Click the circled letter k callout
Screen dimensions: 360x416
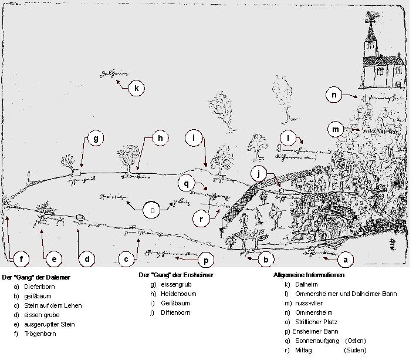click(x=136, y=89)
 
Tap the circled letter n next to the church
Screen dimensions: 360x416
click(x=334, y=95)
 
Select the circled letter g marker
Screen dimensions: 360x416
click(x=95, y=139)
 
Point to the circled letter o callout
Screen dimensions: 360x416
click(x=152, y=210)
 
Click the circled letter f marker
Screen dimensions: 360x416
click(x=21, y=259)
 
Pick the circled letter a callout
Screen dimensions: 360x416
click(x=345, y=259)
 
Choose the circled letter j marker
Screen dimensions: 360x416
click(x=259, y=174)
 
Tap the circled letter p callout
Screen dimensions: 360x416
click(x=207, y=259)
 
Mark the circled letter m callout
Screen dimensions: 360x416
click(x=336, y=129)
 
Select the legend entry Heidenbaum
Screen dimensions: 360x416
click(x=178, y=294)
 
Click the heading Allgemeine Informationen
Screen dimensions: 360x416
click(x=309, y=275)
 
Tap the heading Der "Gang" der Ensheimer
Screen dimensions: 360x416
click(x=175, y=275)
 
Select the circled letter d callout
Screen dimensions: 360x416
click(x=87, y=259)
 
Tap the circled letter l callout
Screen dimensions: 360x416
click(x=289, y=139)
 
